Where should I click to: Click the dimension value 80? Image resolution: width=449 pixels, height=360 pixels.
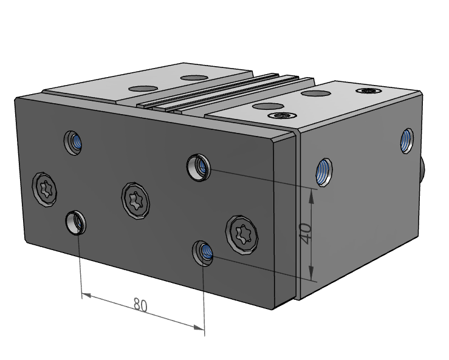coord(140,305)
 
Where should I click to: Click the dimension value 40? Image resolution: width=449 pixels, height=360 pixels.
coord(306,233)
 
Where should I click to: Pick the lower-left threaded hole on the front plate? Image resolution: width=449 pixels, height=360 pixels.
coord(76,222)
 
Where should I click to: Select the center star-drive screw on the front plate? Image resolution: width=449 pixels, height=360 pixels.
coord(135,198)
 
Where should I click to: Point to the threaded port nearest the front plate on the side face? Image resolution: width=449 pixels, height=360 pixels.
coord(325,171)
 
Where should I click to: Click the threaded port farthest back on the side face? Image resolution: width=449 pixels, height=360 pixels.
coord(406,141)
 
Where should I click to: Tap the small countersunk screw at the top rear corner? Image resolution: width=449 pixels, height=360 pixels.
coord(369,91)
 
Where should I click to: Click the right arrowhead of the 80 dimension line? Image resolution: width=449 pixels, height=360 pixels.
coord(199,327)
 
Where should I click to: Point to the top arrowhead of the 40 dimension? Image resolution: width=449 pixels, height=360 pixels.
coord(313,194)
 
